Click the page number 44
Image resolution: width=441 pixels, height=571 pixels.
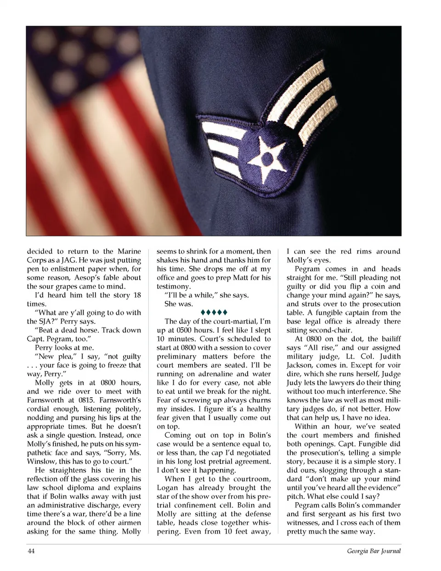[x=31, y=551]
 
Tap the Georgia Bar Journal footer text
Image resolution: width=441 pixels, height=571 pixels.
[x=373, y=551]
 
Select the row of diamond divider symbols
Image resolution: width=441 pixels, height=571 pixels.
[x=214, y=313]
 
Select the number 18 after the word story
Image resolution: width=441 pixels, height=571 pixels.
[x=136, y=295]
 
